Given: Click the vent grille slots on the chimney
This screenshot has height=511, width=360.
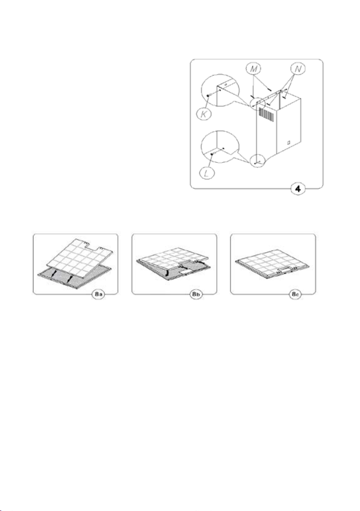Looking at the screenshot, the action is [266, 114].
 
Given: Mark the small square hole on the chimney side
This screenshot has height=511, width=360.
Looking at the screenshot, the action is [289, 142].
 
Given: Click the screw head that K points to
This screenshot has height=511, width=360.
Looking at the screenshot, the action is [208, 95].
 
